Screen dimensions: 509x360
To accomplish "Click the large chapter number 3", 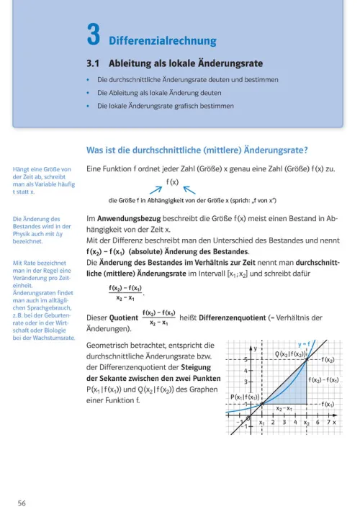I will tap(94, 33).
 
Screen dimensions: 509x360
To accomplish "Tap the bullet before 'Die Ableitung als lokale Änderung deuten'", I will tap(88, 92).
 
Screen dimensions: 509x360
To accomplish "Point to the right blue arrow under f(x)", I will tap(189, 189).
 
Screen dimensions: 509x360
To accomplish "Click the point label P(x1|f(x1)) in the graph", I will tap(247, 397).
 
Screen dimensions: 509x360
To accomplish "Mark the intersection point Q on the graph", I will tap(307, 359).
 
